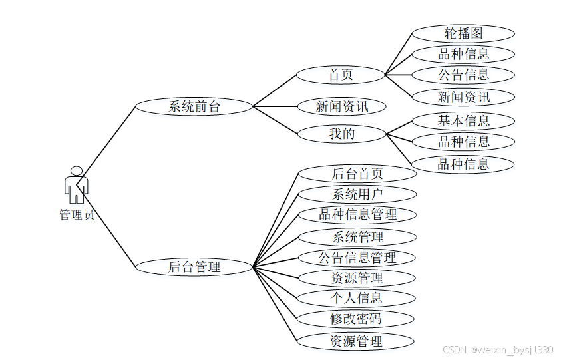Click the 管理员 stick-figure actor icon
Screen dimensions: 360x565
[x=76, y=185]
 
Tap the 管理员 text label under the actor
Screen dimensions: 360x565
[x=76, y=215]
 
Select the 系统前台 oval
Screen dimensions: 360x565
[x=194, y=106]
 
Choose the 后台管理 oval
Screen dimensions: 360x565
[x=194, y=267]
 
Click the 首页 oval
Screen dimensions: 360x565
[x=341, y=74]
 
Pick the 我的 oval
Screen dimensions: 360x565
[x=341, y=134]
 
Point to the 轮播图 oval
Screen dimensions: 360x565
[x=463, y=33]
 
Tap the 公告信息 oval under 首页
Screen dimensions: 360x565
[x=463, y=75]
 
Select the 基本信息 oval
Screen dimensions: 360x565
[x=463, y=121]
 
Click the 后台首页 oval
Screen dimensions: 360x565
[x=357, y=174]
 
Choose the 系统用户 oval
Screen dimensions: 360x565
[x=357, y=194]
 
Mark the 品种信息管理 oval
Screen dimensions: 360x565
[x=357, y=214]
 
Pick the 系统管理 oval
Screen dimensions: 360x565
[x=357, y=237]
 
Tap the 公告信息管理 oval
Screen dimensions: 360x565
[x=357, y=258]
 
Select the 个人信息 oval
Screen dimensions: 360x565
[x=357, y=298]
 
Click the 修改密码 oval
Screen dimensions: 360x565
[x=357, y=319]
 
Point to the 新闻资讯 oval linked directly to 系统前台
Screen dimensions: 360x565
[x=341, y=106]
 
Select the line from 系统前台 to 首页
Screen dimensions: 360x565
[x=274, y=90]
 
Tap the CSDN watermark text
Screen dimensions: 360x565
[x=498, y=349]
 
